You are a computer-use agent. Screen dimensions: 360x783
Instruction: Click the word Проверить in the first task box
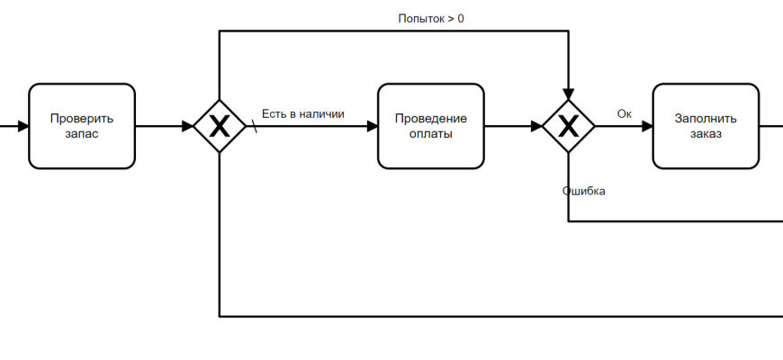coord(81,118)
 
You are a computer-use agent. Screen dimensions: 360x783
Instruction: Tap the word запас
coord(81,134)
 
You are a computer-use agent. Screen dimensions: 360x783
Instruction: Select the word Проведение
coord(430,118)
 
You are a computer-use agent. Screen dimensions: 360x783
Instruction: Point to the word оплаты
coord(430,134)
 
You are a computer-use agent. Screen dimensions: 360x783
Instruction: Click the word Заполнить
coord(706,118)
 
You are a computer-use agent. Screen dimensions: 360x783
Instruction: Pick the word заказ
coord(706,134)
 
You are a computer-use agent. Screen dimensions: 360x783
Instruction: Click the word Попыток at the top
coord(421,18)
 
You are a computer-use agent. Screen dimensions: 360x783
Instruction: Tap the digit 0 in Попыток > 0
coord(460,18)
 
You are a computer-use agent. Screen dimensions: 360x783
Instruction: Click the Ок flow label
coord(624,113)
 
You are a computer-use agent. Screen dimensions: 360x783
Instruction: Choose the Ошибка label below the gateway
coord(584,191)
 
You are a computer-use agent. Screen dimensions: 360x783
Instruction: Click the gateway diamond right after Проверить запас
coord(220,126)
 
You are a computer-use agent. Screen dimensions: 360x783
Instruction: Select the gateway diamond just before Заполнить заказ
coord(568,126)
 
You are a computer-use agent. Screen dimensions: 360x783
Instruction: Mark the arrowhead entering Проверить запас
coord(22,126)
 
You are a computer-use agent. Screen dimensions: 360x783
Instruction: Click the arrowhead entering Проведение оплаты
coord(372,126)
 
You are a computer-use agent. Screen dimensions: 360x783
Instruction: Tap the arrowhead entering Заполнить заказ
coord(647,126)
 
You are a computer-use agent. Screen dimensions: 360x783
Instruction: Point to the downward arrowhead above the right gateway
coord(568,94)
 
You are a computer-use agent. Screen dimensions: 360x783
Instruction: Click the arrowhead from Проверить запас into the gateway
coord(187,126)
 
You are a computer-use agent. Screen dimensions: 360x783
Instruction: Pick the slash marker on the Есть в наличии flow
coord(254,127)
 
